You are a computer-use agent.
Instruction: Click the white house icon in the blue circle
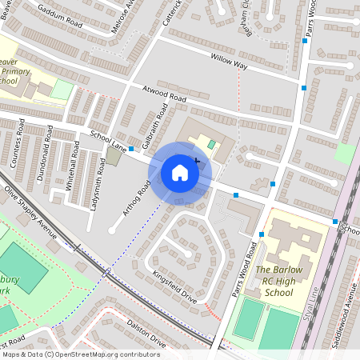(x=180, y=173)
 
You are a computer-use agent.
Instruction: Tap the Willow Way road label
(x=229, y=62)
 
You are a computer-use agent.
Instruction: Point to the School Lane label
(x=108, y=141)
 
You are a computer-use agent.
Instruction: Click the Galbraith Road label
(x=154, y=125)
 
